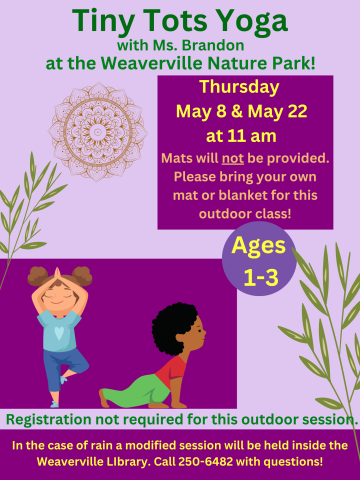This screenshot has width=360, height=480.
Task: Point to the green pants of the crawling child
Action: (x=138, y=390)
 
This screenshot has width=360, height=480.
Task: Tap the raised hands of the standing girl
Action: (x=59, y=270)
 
